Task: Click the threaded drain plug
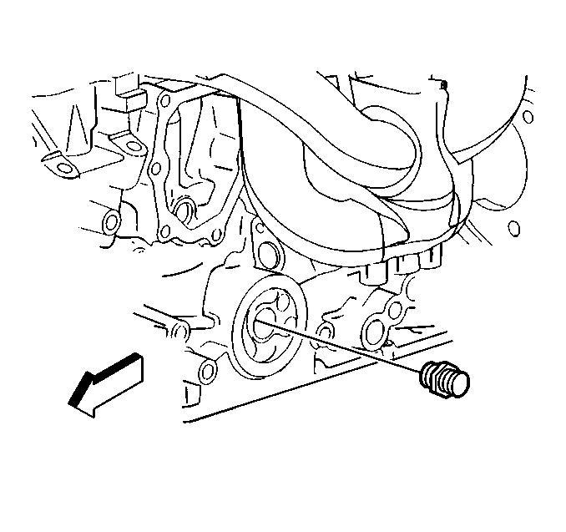pyautogui.click(x=446, y=377)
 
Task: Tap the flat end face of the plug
pyautogui.click(x=459, y=382)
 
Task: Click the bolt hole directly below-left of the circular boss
pyautogui.click(x=207, y=368)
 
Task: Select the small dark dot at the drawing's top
pyautogui.click(x=445, y=85)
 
